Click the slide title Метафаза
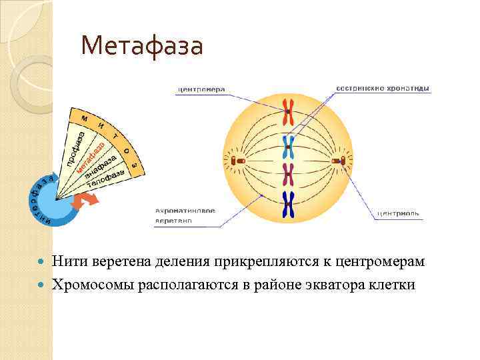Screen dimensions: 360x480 click(141, 46)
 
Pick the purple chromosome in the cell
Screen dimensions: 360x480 click(289, 175)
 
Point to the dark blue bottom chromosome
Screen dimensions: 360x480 click(289, 205)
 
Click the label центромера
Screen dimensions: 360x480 click(201, 89)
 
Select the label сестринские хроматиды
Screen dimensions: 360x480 click(382, 88)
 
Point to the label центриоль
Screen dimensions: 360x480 click(398, 214)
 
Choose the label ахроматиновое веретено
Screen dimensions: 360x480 click(185, 215)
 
